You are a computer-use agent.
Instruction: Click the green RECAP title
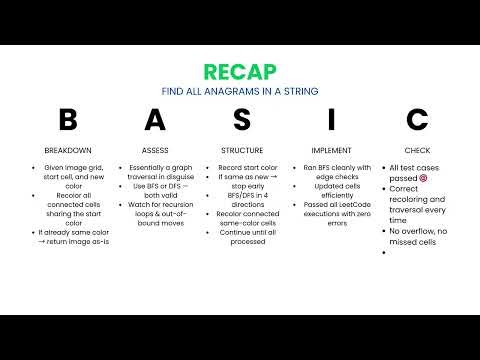coord(240,72)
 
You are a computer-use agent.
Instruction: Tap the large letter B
coord(67,121)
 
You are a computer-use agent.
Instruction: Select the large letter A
coord(154,121)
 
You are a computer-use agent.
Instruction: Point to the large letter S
coord(241,121)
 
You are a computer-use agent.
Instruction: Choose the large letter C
coord(417,121)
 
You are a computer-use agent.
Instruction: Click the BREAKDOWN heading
coord(67,149)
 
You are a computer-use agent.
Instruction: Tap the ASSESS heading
coord(154,149)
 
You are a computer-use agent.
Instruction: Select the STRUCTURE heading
coord(241,149)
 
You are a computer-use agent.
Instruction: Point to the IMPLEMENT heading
coord(331,149)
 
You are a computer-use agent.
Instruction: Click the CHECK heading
coord(417,149)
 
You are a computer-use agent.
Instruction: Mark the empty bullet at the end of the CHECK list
coord(387,253)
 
